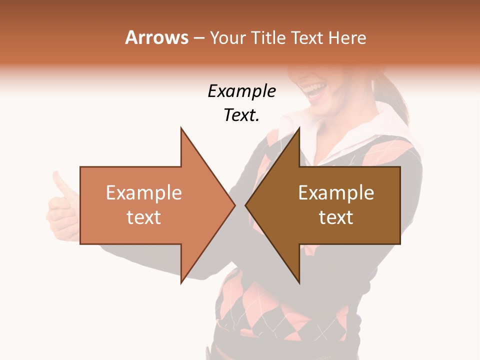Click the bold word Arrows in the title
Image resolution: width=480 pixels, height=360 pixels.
(156, 37)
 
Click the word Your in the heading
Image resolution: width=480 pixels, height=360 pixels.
(227, 37)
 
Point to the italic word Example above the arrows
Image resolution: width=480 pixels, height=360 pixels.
(241, 91)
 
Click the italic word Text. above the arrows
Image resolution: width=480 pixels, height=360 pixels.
(241, 115)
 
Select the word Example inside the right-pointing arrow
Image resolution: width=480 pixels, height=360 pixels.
(144, 192)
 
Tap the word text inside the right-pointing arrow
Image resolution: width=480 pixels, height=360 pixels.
(144, 217)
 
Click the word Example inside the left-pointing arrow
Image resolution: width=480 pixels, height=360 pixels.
(336, 192)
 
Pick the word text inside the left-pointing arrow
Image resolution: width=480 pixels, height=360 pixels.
(336, 217)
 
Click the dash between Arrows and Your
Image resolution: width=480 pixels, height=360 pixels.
(198, 38)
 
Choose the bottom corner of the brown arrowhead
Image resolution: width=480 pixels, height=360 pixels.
(299, 282)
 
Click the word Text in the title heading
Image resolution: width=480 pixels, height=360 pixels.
(308, 37)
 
